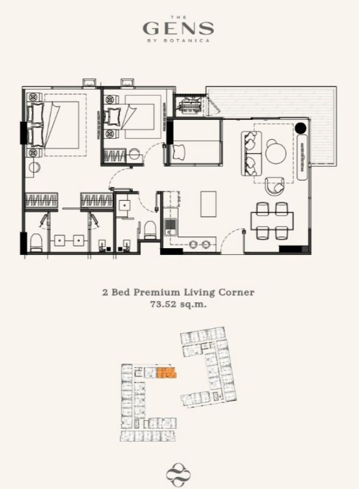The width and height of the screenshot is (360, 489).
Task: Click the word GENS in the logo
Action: pyautogui.click(x=178, y=28)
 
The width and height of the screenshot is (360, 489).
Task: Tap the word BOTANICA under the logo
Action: pyautogui.click(x=186, y=40)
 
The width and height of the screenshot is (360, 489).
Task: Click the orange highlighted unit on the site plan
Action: pyautogui.click(x=166, y=372)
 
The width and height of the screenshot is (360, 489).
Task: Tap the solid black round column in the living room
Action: pyautogui.click(x=301, y=127)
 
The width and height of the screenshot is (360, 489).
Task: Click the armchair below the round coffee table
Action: pyautogui.click(x=275, y=186)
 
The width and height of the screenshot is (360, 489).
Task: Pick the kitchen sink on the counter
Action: pyautogui.click(x=170, y=227)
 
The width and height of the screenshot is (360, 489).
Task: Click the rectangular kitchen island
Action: pyautogui.click(x=208, y=204)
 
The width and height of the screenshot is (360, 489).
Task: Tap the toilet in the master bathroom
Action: pyautogui.click(x=36, y=243)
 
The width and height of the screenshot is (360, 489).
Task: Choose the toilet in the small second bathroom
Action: pyautogui.click(x=150, y=230)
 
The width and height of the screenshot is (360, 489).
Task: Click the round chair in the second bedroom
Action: pyautogui.click(x=135, y=154)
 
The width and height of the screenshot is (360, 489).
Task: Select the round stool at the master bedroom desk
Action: pyautogui.click(x=35, y=167)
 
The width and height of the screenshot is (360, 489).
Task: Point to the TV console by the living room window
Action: pyautogui.click(x=303, y=157)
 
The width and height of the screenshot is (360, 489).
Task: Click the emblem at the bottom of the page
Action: pyautogui.click(x=178, y=475)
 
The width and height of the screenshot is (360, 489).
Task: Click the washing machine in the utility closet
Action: pyautogui.click(x=189, y=104)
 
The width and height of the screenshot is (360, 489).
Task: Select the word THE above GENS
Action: pyautogui.click(x=179, y=17)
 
